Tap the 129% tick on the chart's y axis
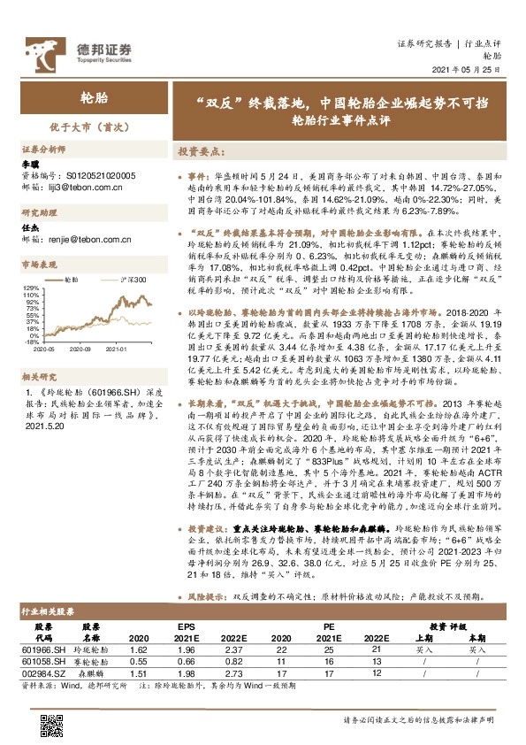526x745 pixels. coord(32,288)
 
